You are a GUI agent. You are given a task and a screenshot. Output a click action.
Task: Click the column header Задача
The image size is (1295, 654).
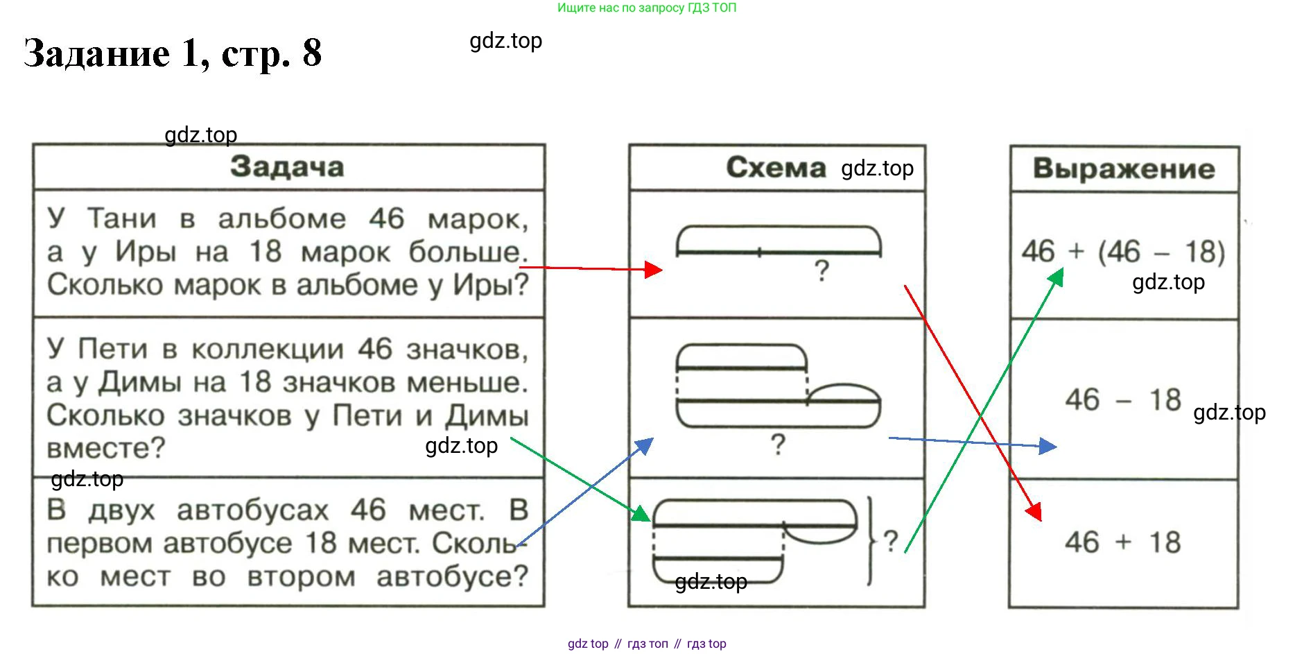[x=287, y=167]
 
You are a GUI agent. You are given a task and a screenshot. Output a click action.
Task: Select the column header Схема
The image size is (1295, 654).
[x=776, y=167]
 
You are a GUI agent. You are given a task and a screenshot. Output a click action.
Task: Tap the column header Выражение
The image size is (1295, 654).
[x=1124, y=169]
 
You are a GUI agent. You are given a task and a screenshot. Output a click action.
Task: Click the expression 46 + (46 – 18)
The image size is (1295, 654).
[x=1123, y=252]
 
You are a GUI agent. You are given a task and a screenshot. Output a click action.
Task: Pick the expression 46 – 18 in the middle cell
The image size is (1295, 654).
[x=1123, y=400]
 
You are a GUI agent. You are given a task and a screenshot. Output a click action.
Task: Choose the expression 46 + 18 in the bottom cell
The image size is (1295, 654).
[x=1122, y=542]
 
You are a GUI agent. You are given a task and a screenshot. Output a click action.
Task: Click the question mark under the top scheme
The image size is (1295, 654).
[x=822, y=270]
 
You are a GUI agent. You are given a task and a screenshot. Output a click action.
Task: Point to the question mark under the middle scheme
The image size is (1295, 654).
[x=778, y=444]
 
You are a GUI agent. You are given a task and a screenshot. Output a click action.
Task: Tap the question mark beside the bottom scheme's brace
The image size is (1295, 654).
[x=891, y=540]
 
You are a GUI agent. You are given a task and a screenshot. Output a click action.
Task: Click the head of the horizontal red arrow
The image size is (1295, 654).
[x=653, y=269]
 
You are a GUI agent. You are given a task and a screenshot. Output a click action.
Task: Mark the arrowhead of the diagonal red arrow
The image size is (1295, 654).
[x=1035, y=513]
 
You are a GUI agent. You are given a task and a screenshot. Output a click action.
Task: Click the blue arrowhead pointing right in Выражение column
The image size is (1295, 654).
[x=1048, y=446]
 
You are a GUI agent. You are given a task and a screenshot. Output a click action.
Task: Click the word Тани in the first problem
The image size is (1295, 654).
[x=121, y=218]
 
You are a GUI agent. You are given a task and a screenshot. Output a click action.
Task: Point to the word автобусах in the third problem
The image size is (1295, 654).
[x=252, y=510]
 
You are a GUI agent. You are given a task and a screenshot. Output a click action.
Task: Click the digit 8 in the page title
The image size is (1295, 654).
[x=312, y=53]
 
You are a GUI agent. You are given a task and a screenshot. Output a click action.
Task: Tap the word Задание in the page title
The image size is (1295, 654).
[x=97, y=53]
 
